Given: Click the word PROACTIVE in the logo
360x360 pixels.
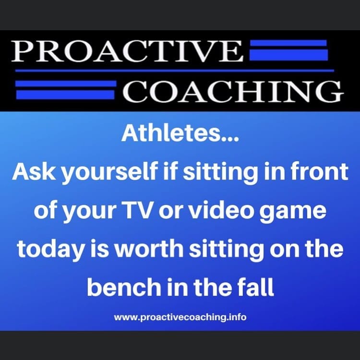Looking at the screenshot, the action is click(127, 51).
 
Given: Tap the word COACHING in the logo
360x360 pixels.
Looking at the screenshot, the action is click(233, 91).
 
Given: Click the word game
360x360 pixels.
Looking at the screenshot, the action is click(293, 212).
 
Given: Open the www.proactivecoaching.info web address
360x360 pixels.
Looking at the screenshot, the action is click(180, 317).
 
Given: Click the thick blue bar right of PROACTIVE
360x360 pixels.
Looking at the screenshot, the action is click(288, 55).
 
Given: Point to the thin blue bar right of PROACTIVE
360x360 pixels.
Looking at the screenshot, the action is click(288, 43).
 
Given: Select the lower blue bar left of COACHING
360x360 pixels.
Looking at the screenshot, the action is click(65, 95).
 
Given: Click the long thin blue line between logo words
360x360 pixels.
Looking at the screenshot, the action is click(175, 71).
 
